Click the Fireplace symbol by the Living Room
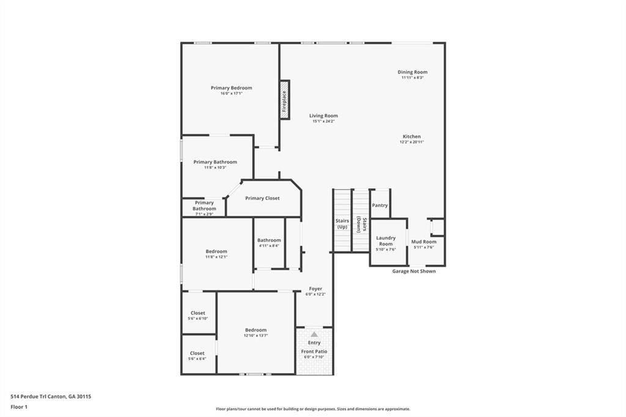coord(284,100)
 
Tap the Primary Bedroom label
coord(231,88)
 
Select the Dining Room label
coord(413,72)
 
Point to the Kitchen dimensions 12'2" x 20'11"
coord(411,142)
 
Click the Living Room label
coord(323,116)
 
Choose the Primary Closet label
coord(262,198)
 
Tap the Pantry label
coord(380,205)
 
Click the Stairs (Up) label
coord(342,223)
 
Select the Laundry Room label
coord(386,240)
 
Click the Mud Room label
coord(424,242)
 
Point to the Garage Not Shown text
coord(414,271)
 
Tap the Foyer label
coord(315,289)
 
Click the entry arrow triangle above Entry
coord(314,334)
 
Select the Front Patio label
coord(314,352)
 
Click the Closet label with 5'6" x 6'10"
coord(197,313)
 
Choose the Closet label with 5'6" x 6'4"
coord(197,353)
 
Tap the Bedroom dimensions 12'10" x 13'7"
coord(256,336)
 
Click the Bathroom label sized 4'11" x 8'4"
coord(269,240)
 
